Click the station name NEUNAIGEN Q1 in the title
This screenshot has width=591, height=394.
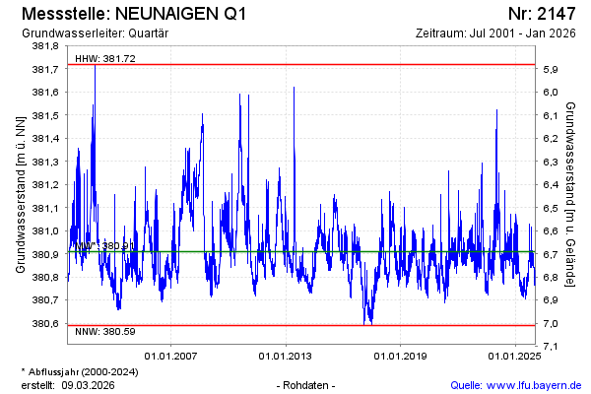coord(182,15)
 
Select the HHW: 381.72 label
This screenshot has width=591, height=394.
coord(105,58)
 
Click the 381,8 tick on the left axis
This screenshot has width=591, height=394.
coord(46,46)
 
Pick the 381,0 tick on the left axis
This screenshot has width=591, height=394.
coord(46,231)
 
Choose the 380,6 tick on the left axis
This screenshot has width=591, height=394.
coord(46,324)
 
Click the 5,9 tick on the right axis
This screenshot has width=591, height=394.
coord(552,69)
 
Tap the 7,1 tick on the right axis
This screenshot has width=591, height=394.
coord(552,347)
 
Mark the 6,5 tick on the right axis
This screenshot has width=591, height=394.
coord(552,208)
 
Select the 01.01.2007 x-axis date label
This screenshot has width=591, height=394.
coord(171,356)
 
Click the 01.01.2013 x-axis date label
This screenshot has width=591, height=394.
coord(286,356)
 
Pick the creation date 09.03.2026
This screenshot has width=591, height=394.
coord(88,385)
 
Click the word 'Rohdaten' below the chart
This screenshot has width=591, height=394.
coord(307,385)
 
